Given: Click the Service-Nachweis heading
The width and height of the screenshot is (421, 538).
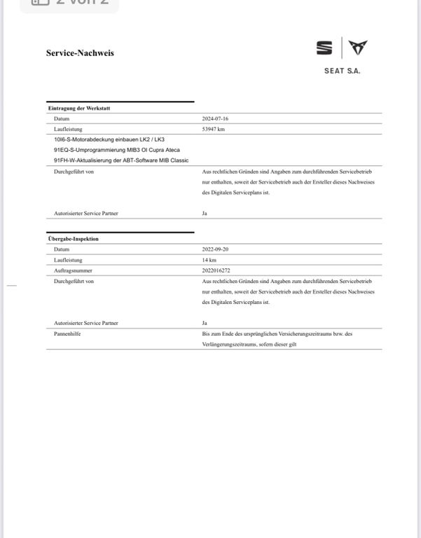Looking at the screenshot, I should pyautogui.click(x=80, y=53).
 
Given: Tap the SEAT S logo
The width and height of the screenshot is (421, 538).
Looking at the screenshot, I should pyautogui.click(x=324, y=48).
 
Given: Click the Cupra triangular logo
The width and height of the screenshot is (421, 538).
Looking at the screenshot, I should pyautogui.click(x=358, y=48).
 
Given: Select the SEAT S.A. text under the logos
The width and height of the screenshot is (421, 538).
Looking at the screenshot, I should pyautogui.click(x=342, y=71).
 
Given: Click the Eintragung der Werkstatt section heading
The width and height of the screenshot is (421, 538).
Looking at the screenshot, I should pyautogui.click(x=79, y=108).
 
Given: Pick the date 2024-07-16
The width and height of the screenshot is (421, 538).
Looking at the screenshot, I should pyautogui.click(x=215, y=118).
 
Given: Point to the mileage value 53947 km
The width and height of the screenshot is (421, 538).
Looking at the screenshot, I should pyautogui.click(x=214, y=129).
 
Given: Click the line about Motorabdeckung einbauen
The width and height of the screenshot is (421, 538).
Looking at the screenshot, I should pyautogui.click(x=109, y=139).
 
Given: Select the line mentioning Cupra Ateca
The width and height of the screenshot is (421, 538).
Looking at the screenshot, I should pyautogui.click(x=111, y=150).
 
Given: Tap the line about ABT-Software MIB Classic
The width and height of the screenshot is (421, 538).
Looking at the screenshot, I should pyautogui.click(x=116, y=160).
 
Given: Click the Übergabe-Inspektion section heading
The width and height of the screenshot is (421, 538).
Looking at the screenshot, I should pyautogui.click(x=74, y=239).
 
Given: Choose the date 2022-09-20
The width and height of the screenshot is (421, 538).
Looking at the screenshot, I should pyautogui.click(x=215, y=249).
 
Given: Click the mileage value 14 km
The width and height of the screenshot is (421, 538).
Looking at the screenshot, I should pyautogui.click(x=209, y=260).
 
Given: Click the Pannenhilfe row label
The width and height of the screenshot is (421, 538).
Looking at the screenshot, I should pyautogui.click(x=67, y=334).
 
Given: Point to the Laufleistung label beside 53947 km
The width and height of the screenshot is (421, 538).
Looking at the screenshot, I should pyautogui.click(x=68, y=129).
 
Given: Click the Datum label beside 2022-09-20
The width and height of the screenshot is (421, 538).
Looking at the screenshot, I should pyautogui.click(x=62, y=249).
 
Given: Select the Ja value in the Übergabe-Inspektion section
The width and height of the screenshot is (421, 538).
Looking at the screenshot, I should pyautogui.click(x=205, y=323).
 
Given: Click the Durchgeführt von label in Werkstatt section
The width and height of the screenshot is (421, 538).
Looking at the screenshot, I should pyautogui.click(x=74, y=171).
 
